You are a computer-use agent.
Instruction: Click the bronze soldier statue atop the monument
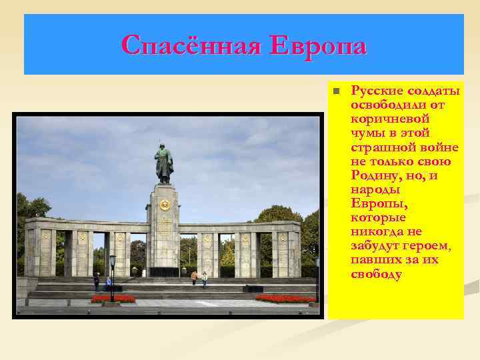pos(163,162)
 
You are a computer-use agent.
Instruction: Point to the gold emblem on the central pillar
pos(165,205)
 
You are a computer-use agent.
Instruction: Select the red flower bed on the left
pos(113,299)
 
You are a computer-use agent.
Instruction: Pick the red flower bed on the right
pos(287,299)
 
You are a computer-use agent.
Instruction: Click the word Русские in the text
pos(376,91)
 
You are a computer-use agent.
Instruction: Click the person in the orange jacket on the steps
pos(194,277)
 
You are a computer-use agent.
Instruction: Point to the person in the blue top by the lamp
pos(109,281)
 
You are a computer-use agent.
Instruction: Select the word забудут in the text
pos(376,245)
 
